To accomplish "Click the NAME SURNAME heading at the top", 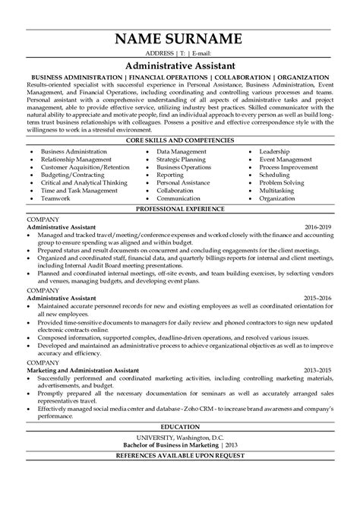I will [x=180, y=40].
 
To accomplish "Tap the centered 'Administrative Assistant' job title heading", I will [x=180, y=67].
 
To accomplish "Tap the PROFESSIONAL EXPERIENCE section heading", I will [x=180, y=207].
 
